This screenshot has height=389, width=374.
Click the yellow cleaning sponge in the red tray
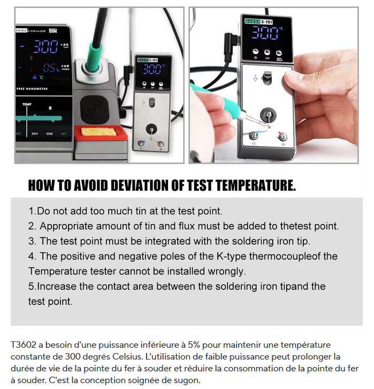[x=98, y=131]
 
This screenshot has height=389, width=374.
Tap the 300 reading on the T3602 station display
[x=46, y=47]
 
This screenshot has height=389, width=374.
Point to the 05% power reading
[x=51, y=68]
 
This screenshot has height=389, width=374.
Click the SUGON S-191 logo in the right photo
[x=258, y=21]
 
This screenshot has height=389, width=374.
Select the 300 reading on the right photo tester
[x=265, y=33]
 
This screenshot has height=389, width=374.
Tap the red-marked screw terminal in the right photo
[x=282, y=136]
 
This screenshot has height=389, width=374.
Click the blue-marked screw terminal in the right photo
[x=254, y=135]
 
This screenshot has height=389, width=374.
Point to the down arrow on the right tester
[x=256, y=78]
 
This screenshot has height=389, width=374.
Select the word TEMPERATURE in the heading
[x=256, y=185]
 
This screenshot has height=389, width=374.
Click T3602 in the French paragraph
[x=24, y=345]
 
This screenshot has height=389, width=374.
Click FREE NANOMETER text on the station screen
[x=32, y=89]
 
